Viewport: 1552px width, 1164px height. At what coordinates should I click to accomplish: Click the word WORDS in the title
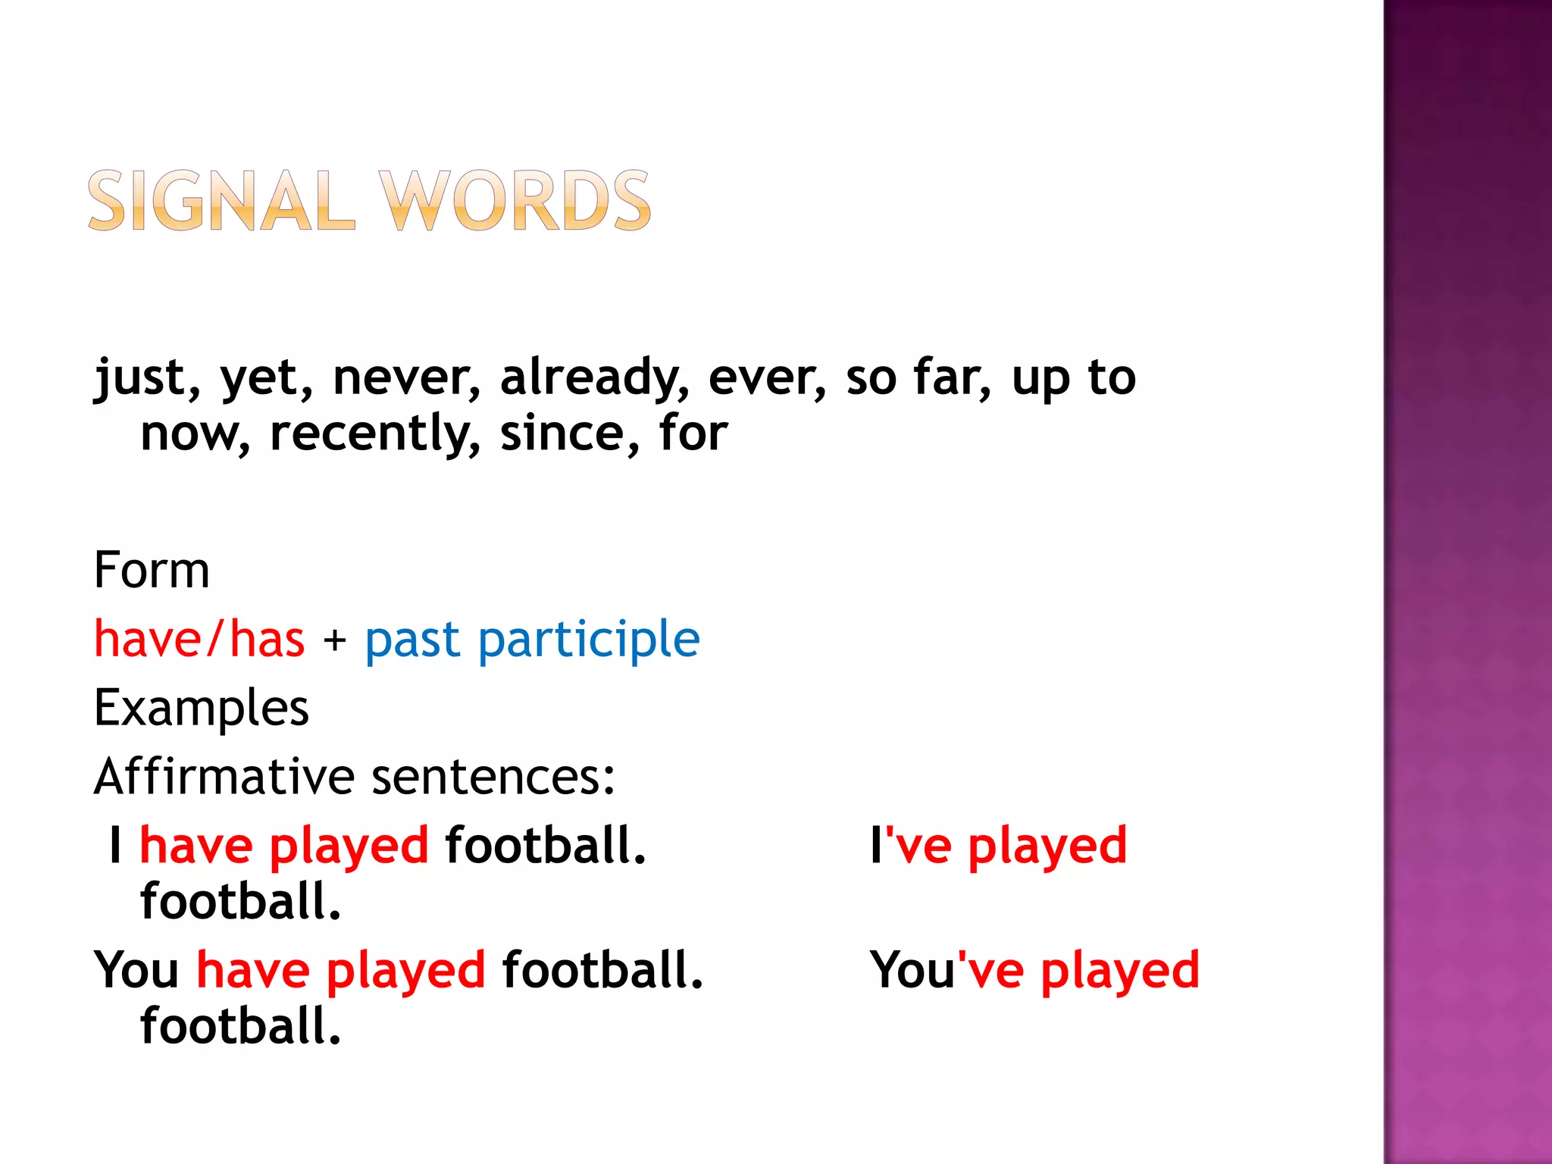tap(515, 201)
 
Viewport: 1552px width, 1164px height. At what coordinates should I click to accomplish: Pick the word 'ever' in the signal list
tap(766, 377)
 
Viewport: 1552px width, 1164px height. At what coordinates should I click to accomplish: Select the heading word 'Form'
tap(152, 570)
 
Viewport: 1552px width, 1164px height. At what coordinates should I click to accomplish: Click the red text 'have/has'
tap(199, 639)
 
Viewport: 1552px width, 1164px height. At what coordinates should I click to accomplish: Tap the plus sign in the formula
tap(334, 641)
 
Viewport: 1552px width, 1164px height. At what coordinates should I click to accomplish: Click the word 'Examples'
tap(202, 709)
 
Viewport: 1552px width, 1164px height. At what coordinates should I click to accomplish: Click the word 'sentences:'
tap(493, 778)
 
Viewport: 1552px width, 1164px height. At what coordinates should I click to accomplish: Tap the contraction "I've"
tap(910, 845)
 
